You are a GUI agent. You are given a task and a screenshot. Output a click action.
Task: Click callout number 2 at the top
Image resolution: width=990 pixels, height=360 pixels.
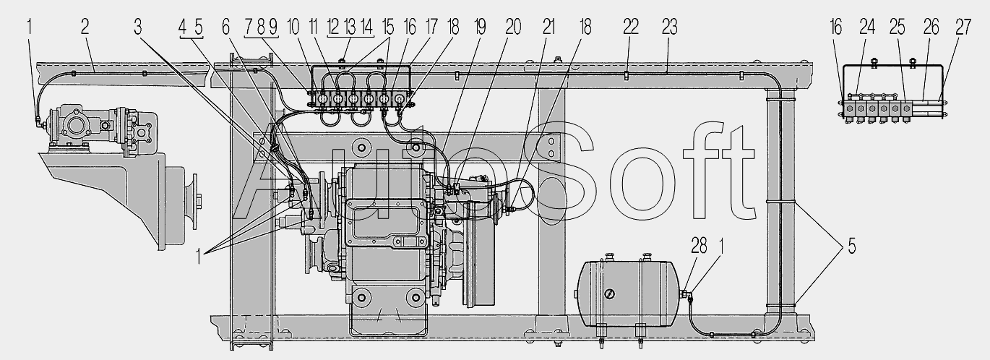85,27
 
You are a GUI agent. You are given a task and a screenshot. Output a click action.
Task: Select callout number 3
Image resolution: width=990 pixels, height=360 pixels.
138,27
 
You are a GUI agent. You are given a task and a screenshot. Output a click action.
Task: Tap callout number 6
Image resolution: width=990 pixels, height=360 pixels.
226,27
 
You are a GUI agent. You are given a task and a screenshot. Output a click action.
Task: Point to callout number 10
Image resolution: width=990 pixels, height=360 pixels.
293,27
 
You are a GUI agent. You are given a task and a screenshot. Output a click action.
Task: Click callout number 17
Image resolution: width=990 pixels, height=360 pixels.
430,27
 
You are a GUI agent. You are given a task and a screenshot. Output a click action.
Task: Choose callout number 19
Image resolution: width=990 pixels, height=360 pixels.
480,27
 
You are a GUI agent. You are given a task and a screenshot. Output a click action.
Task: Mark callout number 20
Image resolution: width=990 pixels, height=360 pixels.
513,27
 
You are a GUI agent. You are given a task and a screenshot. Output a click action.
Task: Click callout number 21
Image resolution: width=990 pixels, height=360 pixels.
548,27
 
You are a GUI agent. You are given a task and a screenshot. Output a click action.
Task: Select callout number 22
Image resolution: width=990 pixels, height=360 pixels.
631,27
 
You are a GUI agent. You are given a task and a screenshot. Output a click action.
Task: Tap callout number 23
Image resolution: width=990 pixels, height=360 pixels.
670,27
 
